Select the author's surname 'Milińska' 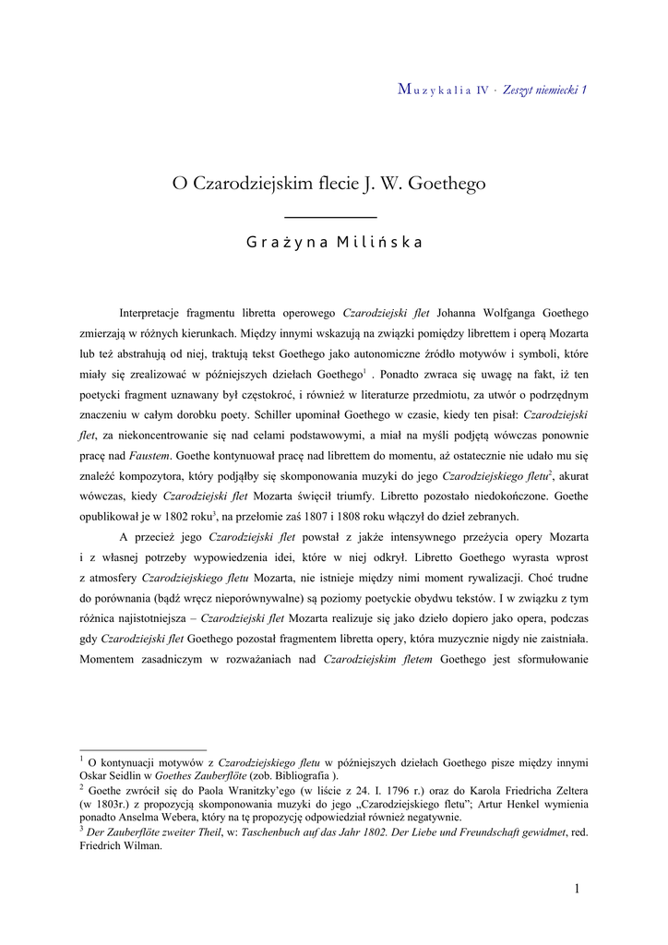point(379,244)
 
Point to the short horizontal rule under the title point(327,216)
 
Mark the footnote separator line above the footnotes point(143,750)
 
